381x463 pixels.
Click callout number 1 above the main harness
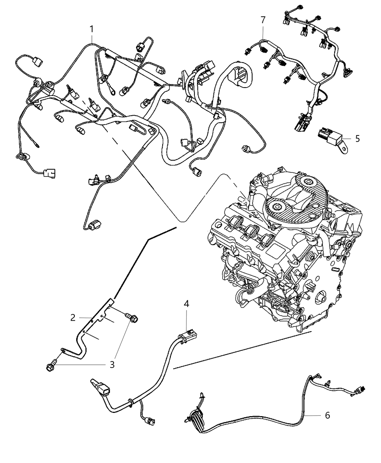(x=92, y=29)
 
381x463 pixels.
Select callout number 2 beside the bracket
(x=73, y=318)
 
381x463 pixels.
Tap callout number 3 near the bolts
(x=112, y=364)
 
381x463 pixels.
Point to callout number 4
(x=186, y=304)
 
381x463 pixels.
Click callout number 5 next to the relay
(x=357, y=138)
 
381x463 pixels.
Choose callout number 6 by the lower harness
(x=327, y=415)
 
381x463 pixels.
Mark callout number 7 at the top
(x=263, y=20)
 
